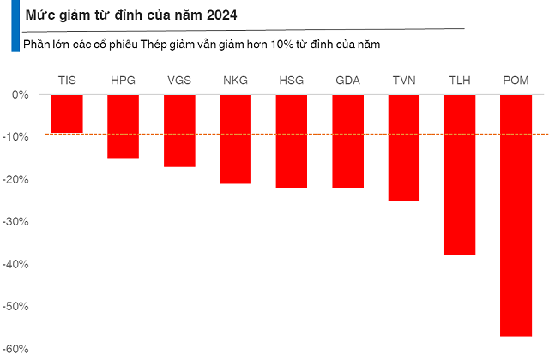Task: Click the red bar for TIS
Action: (67, 113)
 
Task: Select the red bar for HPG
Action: (123, 126)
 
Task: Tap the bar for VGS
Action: (179, 130)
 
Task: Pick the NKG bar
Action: (235, 139)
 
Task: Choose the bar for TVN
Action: (404, 147)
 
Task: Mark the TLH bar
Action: (460, 175)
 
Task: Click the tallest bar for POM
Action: (516, 215)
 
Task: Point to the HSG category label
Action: (292, 81)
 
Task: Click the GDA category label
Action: (347, 81)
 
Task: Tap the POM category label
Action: (516, 81)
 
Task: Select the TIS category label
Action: (67, 81)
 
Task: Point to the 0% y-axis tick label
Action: (21, 94)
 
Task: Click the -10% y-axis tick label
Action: (18, 137)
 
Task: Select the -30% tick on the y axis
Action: (18, 222)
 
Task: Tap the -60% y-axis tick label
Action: (18, 350)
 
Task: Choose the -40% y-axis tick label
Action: (18, 265)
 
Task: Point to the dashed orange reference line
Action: (257, 134)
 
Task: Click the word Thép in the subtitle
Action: (180, 43)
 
